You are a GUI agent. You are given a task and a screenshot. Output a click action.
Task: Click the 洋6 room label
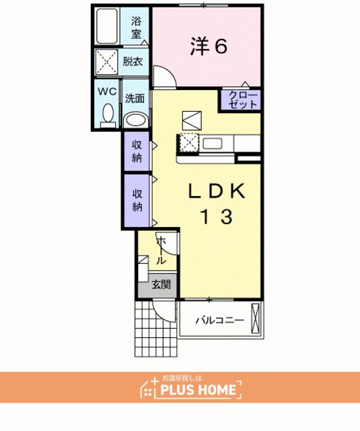209,46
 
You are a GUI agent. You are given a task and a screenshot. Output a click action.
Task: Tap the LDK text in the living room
217,191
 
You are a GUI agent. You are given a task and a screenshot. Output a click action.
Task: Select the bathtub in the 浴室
108,26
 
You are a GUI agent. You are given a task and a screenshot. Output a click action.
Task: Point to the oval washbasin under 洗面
135,121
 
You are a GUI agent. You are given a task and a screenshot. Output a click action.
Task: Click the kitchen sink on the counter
212,143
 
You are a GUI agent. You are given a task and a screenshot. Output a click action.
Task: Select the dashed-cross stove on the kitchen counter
189,142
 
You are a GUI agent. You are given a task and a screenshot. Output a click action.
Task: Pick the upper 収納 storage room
137,151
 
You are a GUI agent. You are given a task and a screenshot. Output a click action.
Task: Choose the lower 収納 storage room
137,201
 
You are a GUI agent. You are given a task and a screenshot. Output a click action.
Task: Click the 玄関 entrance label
161,285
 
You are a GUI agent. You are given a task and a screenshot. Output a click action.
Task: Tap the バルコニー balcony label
219,321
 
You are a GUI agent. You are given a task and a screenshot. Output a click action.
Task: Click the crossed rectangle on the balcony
256,319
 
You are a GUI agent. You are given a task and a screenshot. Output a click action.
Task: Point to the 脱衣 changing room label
133,61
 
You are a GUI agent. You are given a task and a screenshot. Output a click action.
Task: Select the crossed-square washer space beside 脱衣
106,62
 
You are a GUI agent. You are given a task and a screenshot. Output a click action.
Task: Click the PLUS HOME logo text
198,389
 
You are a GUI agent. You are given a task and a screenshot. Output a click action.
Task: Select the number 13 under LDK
217,217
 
